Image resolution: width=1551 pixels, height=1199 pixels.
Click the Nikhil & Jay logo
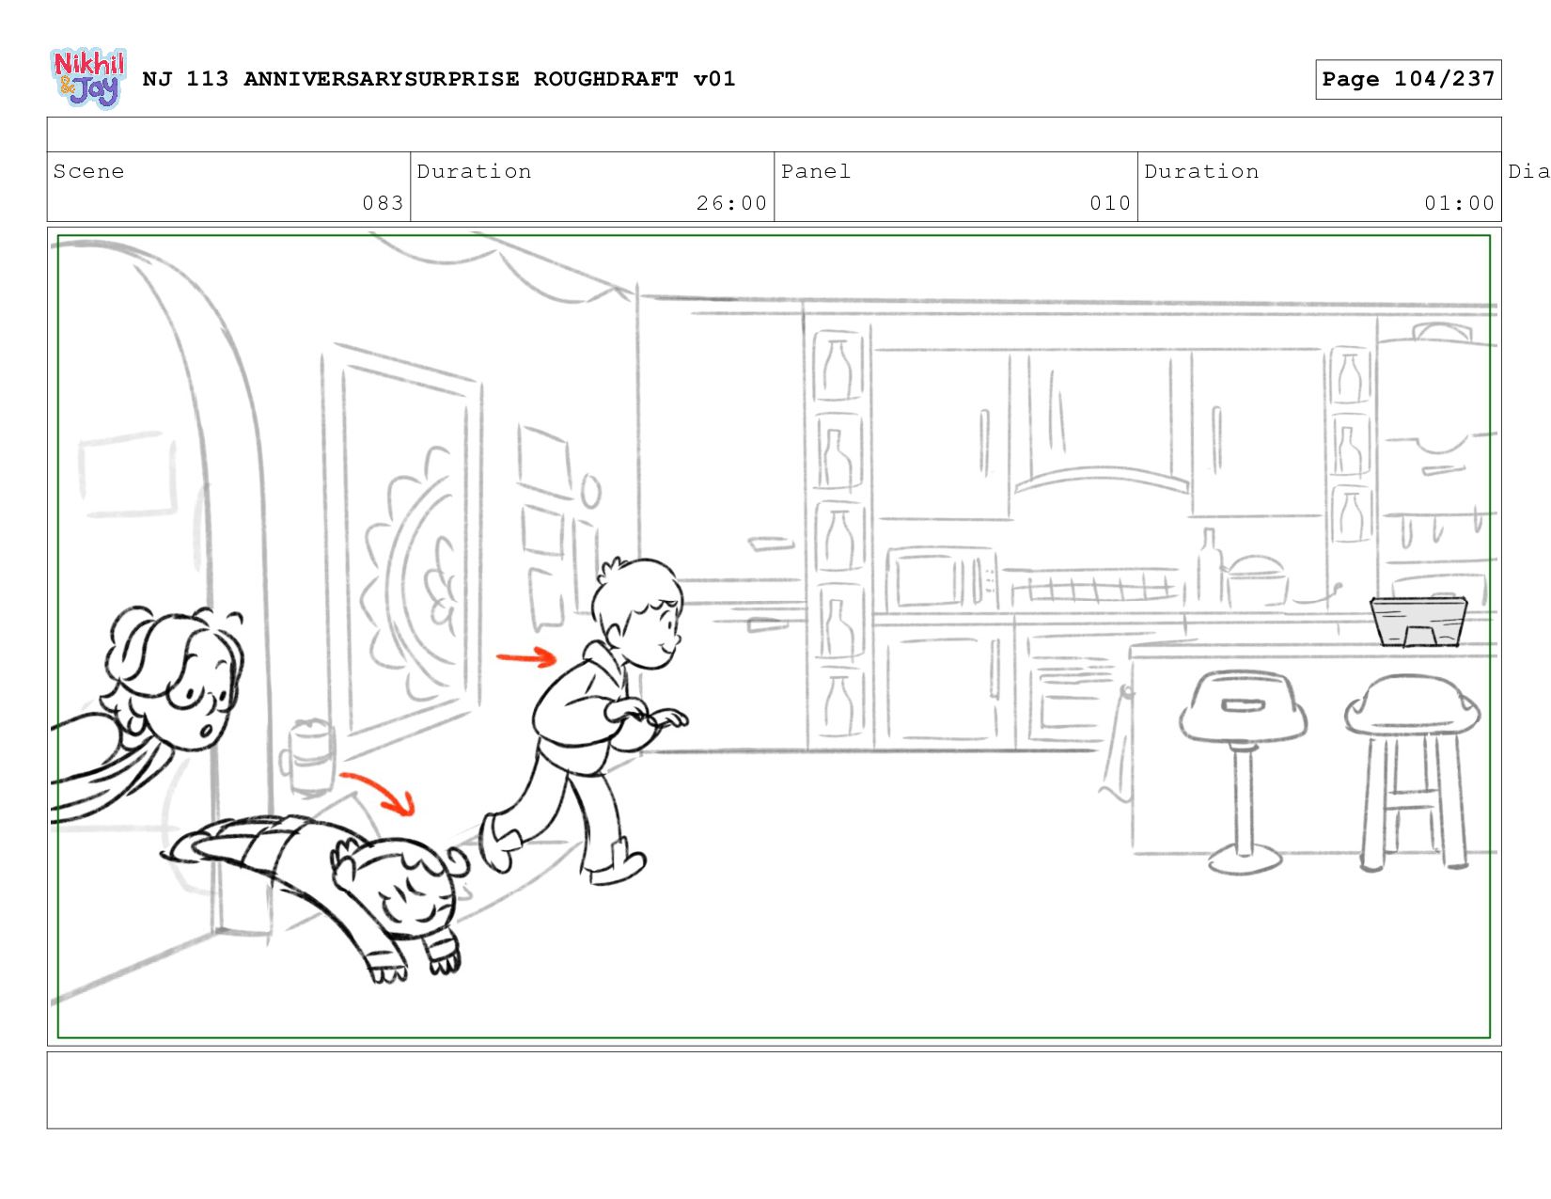pyautogui.click(x=88, y=78)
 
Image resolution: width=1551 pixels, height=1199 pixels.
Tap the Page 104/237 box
pyautogui.click(x=1407, y=79)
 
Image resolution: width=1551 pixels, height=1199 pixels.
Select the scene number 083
pyautogui.click(x=383, y=203)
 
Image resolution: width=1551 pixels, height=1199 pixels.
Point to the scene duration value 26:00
pyautogui.click(x=731, y=203)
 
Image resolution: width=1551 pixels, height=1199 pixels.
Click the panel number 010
pyautogui.click(x=1110, y=203)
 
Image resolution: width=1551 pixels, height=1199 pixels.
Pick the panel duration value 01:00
pyautogui.click(x=1459, y=203)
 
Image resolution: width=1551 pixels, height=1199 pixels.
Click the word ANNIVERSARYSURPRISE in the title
pyautogui.click(x=381, y=79)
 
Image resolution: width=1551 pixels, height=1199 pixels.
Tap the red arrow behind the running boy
pyautogui.click(x=526, y=657)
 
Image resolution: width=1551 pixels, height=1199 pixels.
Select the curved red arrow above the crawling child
pyautogui.click(x=382, y=788)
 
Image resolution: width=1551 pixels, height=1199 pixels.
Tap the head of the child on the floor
pyautogui.click(x=399, y=887)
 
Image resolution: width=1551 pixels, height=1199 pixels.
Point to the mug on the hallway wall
pyautogui.click(x=311, y=757)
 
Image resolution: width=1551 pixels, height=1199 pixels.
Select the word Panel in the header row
pyautogui.click(x=815, y=171)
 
